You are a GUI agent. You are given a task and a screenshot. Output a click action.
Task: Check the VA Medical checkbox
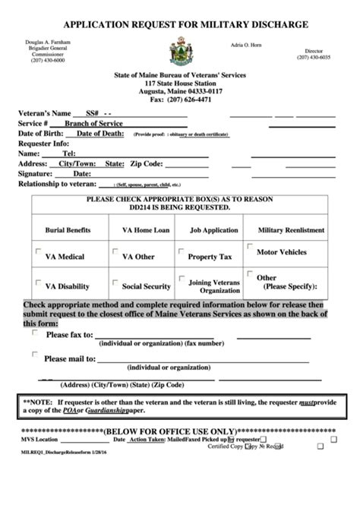(x=37, y=253)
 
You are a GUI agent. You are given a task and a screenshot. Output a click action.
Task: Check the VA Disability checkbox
(x=37, y=283)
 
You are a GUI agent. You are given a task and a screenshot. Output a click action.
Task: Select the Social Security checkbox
(x=115, y=283)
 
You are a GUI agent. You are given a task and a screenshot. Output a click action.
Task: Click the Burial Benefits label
(x=68, y=230)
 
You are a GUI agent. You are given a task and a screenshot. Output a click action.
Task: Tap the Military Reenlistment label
(x=291, y=230)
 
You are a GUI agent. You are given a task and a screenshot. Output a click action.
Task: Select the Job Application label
(x=213, y=230)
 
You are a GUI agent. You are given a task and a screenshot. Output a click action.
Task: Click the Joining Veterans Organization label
(x=213, y=286)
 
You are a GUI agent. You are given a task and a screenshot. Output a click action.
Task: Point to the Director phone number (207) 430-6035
(x=314, y=58)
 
